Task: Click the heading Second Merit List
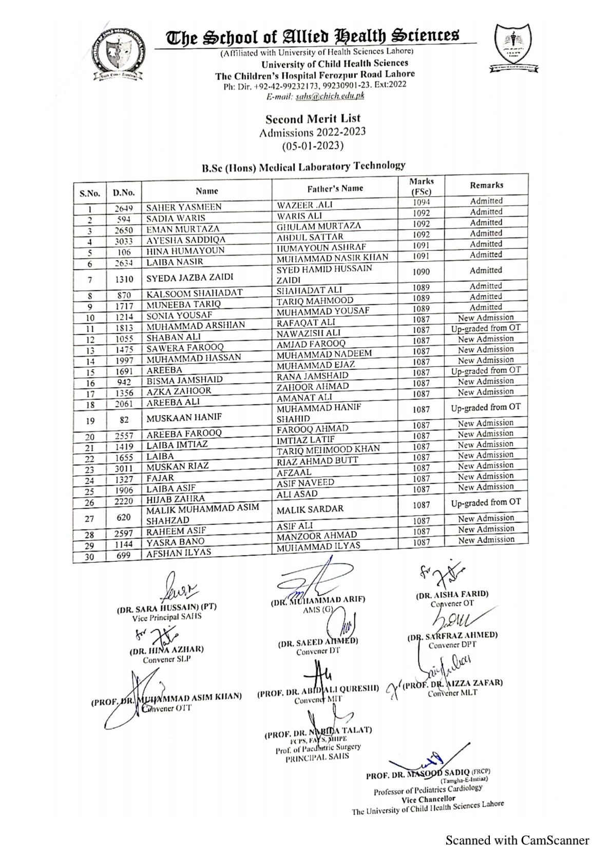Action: point(313,119)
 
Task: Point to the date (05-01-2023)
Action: point(313,145)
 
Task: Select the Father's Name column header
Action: point(335,188)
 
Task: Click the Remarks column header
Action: point(486,185)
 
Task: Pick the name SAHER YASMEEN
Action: point(184,207)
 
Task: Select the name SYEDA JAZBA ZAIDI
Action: point(190,278)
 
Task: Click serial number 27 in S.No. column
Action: point(90,518)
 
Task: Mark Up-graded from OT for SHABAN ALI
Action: point(486,328)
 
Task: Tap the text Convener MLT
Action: point(452,693)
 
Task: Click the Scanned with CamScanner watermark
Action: point(517,840)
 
